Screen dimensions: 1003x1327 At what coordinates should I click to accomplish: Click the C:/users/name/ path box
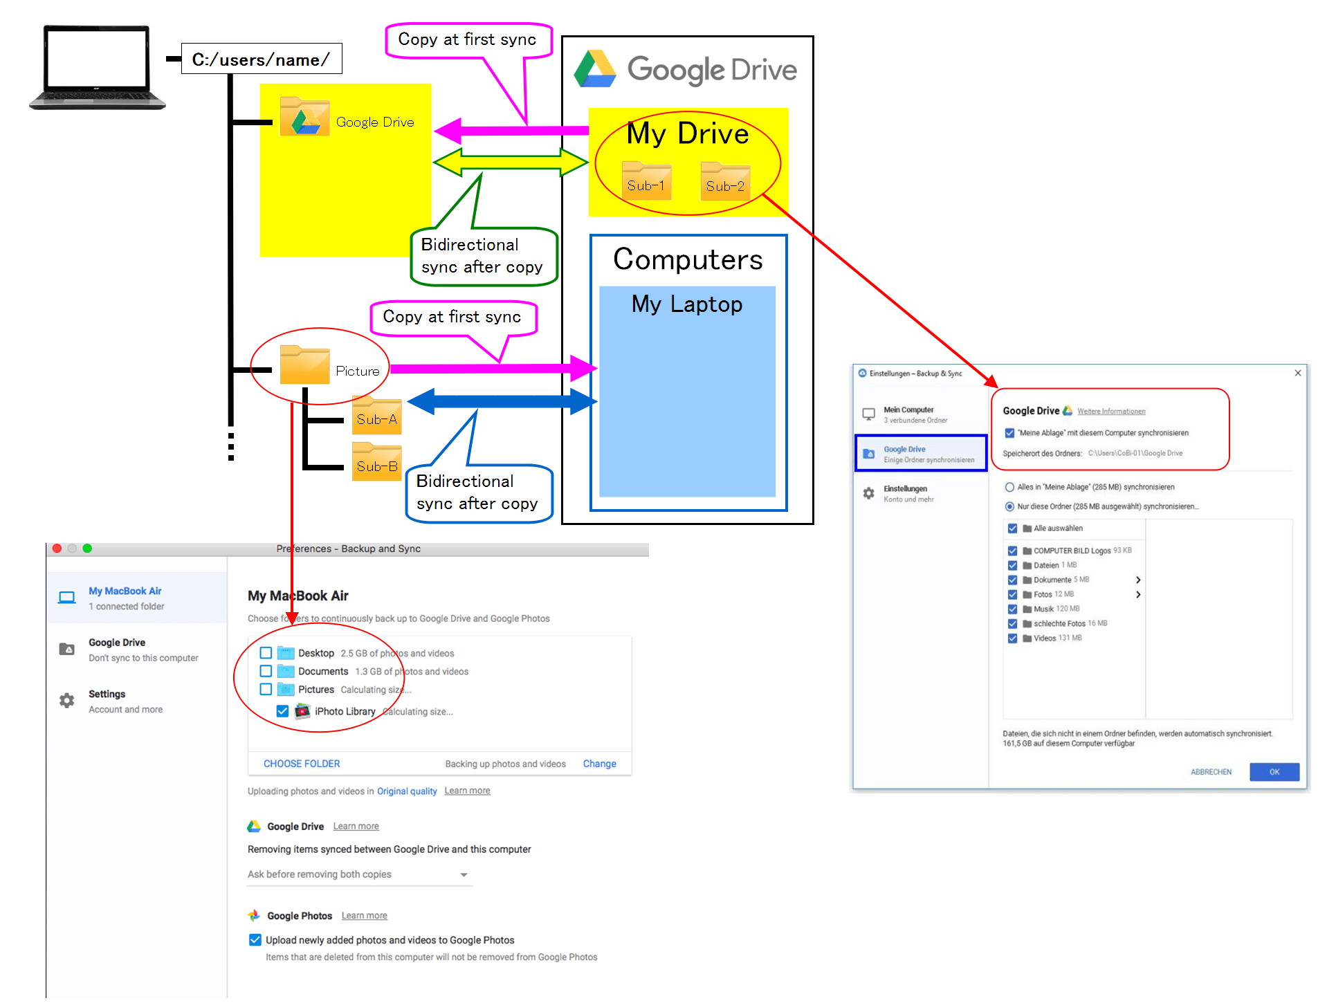[261, 59]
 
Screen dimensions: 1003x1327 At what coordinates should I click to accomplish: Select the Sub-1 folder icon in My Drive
[646, 181]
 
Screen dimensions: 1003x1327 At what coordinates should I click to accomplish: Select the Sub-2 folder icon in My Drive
[725, 182]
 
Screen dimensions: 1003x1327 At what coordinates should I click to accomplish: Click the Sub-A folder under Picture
[376, 416]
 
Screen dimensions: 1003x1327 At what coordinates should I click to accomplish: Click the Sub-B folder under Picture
[376, 463]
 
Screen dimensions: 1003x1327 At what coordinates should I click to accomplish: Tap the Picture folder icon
[304, 365]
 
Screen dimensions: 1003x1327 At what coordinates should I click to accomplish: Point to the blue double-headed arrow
[502, 401]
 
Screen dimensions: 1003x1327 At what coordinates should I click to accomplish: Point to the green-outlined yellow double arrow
[511, 163]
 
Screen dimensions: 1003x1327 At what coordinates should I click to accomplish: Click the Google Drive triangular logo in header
[595, 69]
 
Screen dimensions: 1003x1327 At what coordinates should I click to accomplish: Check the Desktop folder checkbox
[266, 653]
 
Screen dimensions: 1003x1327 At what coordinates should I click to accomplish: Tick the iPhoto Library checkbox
[282, 711]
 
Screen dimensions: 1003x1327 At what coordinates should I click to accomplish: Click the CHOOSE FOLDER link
[302, 764]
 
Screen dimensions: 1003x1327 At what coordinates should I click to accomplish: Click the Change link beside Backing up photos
[599, 764]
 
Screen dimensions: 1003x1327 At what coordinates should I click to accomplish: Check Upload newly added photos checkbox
[255, 940]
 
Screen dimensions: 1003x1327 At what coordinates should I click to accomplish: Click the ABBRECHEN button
[1211, 772]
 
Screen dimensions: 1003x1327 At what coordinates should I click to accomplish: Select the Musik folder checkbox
[1012, 609]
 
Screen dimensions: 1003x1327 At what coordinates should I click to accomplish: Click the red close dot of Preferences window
[57, 549]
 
